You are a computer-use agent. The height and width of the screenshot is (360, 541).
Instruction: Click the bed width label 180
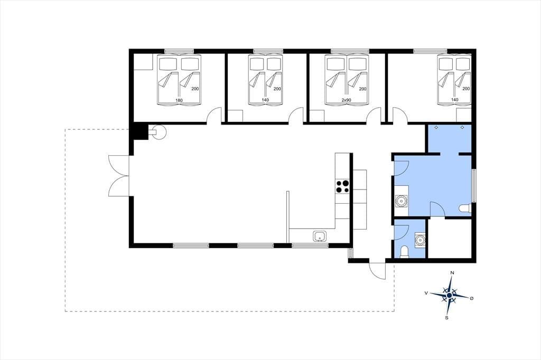[179, 100]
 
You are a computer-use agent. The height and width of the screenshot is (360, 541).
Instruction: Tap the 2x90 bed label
[347, 100]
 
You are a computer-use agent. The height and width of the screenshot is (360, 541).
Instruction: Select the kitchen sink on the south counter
[320, 236]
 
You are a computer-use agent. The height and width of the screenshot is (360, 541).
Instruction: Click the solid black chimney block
[141, 131]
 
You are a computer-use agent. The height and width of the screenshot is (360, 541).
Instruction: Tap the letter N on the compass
[452, 273]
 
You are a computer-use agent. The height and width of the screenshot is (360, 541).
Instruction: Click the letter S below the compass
[447, 318]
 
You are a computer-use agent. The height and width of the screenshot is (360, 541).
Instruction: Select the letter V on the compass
[426, 293]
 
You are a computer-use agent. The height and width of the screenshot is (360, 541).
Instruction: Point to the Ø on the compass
[472, 298]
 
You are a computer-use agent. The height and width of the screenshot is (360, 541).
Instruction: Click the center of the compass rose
[449, 296]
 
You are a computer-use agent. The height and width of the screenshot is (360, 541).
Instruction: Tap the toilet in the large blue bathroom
[465, 209]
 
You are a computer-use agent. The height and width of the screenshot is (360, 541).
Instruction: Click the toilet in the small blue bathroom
[404, 252]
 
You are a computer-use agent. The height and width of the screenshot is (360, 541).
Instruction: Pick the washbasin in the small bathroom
[420, 240]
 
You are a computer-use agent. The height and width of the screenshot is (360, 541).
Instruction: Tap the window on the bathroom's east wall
[474, 185]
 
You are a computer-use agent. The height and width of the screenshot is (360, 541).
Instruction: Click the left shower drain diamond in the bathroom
[436, 128]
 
